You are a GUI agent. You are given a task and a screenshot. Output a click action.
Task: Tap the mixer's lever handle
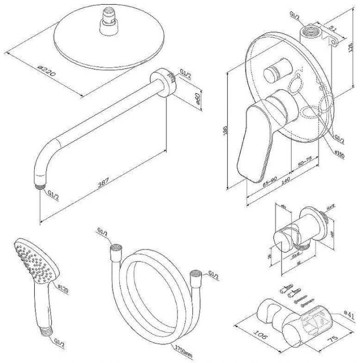pos(253,140)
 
